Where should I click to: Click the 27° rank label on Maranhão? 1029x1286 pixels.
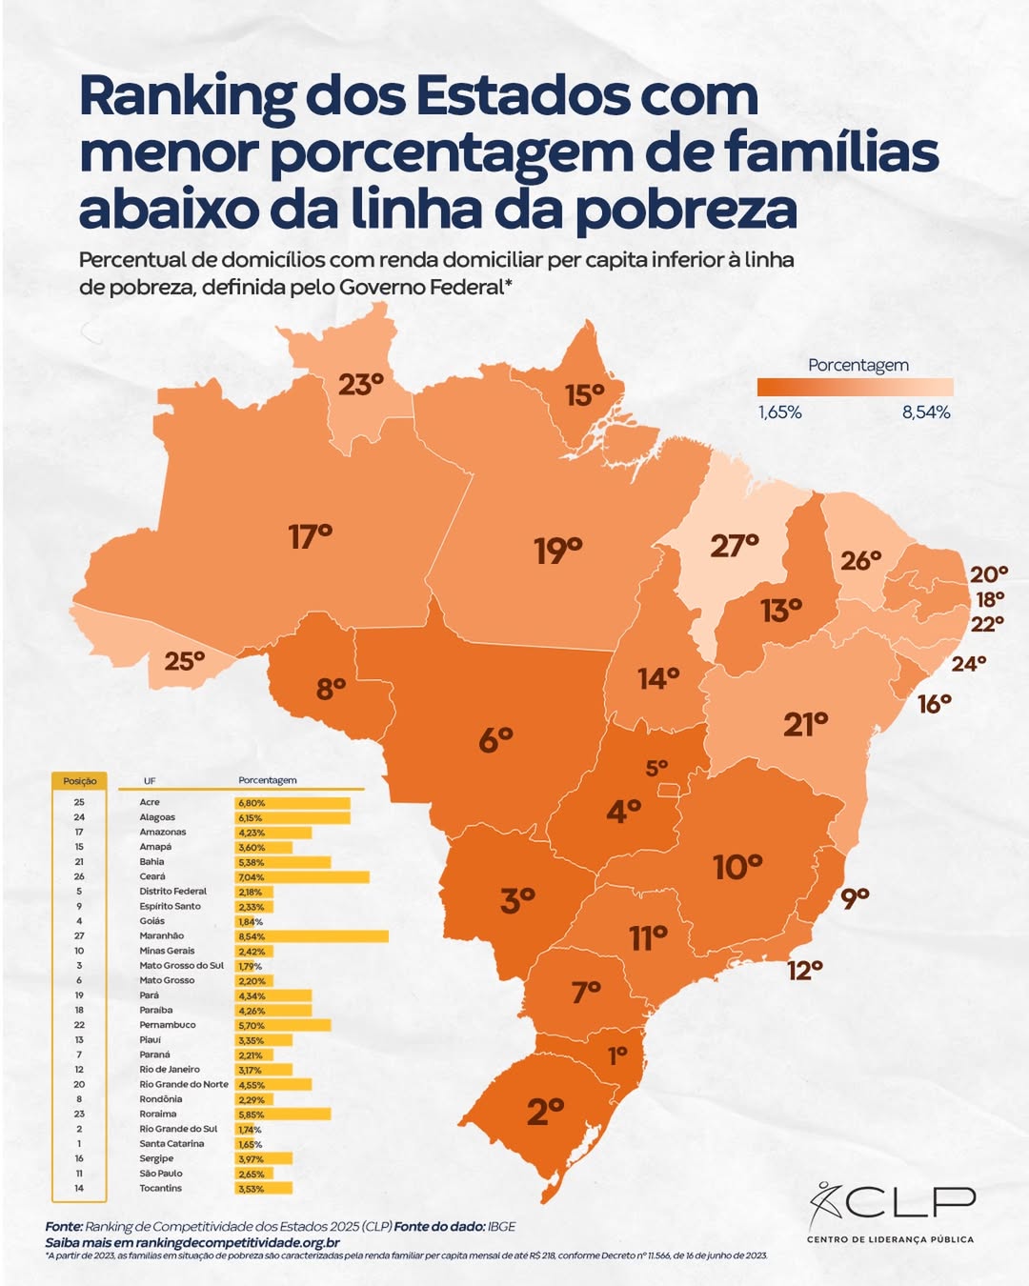click(734, 546)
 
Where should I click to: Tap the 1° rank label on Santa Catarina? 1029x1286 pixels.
click(618, 1055)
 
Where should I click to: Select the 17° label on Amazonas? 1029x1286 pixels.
click(311, 537)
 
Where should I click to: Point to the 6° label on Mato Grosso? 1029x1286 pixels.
click(495, 739)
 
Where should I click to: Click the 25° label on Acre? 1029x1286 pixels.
click(185, 661)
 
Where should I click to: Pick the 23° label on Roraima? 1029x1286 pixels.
click(360, 385)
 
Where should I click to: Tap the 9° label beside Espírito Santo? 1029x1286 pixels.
click(855, 897)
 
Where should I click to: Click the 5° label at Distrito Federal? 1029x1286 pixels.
click(656, 768)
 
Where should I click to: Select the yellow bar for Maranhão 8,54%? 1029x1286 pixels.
click(312, 936)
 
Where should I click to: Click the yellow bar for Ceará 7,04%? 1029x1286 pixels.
click(302, 877)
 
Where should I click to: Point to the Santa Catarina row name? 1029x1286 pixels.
click(171, 1144)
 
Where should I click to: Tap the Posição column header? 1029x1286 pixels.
click(80, 781)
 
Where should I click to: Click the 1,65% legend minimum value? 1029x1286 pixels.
click(779, 412)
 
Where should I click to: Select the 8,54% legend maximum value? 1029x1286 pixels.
click(926, 412)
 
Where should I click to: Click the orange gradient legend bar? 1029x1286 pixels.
click(855, 387)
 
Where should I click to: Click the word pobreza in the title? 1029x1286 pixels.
click(686, 211)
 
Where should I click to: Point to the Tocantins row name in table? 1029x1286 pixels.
click(160, 1188)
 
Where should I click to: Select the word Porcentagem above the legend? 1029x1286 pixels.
click(857, 365)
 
